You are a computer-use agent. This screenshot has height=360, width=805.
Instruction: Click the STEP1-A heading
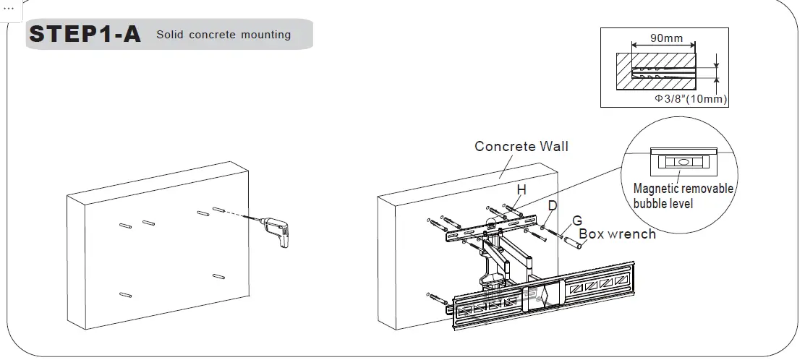(x=84, y=34)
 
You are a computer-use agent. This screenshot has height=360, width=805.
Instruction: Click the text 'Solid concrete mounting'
(x=223, y=35)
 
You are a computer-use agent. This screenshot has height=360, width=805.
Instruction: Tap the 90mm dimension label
(x=665, y=38)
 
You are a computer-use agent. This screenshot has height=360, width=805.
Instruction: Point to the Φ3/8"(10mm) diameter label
(x=691, y=98)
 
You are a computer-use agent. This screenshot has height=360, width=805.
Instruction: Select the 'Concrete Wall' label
(x=521, y=147)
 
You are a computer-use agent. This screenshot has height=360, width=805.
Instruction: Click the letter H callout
(x=520, y=189)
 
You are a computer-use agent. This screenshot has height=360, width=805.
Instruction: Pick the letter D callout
(x=552, y=205)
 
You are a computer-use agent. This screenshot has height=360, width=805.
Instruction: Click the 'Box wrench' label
(x=617, y=233)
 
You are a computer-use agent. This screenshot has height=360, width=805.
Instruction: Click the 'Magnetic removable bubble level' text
(x=682, y=196)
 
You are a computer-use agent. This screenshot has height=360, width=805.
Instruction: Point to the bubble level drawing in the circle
(x=683, y=162)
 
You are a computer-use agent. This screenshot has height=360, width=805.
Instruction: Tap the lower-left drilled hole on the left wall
(x=125, y=295)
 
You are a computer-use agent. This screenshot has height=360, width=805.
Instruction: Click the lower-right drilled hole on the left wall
(x=219, y=276)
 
